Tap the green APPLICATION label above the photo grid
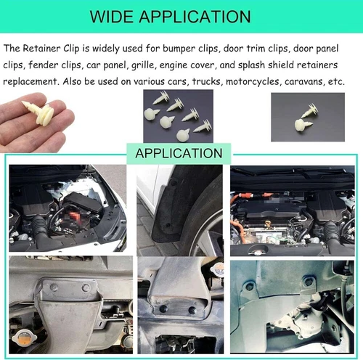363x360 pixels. coord(179,153)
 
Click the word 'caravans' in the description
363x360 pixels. coord(303,81)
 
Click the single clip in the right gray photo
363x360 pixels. coord(303,120)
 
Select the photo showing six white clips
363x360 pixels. coord(176,116)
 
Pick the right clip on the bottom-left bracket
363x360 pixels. coord(86,288)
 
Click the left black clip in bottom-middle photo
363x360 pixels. coord(163,308)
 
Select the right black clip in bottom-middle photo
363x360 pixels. coord(192,311)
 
